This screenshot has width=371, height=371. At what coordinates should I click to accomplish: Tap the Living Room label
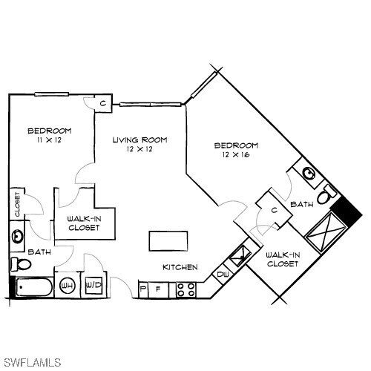(x=139, y=139)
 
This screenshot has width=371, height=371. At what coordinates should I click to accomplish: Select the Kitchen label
(x=180, y=266)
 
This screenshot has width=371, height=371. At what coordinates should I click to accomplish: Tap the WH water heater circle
(x=68, y=285)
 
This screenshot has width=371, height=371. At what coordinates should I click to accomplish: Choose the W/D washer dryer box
(x=93, y=285)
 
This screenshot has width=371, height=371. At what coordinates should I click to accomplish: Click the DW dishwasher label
(x=223, y=275)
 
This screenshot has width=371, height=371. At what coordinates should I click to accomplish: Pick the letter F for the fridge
(x=157, y=288)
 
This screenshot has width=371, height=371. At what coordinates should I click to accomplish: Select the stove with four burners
(x=185, y=288)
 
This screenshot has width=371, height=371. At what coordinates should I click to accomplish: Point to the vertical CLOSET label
(x=17, y=204)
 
